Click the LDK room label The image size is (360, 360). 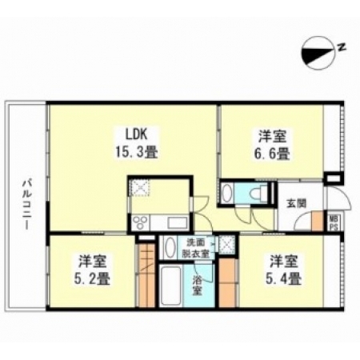[x=137, y=134]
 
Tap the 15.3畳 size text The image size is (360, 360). [x=137, y=152]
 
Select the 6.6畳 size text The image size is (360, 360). [x=271, y=154]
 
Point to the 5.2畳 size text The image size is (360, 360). [x=91, y=278]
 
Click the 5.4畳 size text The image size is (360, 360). [x=283, y=278]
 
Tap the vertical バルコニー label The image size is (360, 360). [x=26, y=205]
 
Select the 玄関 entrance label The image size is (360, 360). [x=296, y=204]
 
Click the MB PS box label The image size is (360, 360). [x=334, y=223]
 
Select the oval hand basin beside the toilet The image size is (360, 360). [x=227, y=193]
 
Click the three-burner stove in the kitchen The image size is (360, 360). [x=140, y=223]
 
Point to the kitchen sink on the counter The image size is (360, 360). [x=176, y=223]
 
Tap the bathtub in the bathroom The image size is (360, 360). [x=171, y=285]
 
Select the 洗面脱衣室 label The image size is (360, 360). [x=196, y=248]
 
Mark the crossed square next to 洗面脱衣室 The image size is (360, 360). [x=226, y=244]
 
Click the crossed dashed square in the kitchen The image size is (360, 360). [x=139, y=187]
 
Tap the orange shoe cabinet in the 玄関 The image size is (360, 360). [x=318, y=221]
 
